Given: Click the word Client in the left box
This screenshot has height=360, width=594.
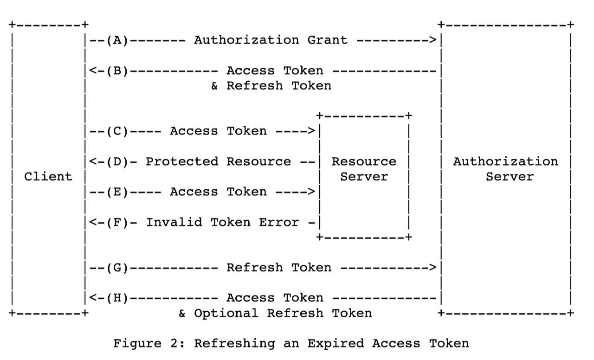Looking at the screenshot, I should coord(48,177).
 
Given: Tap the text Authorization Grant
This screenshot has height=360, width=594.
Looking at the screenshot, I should coord(271,40).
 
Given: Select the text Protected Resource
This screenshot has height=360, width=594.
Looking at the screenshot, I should coord(218,162).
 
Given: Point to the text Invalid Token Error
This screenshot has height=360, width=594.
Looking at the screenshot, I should coord(222,223).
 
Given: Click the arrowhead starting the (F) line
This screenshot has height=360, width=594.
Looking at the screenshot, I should coord(92,223).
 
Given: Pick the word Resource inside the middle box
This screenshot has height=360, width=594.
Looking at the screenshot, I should coord(364,162).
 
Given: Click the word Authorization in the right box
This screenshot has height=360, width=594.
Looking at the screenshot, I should coord(505,162).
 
